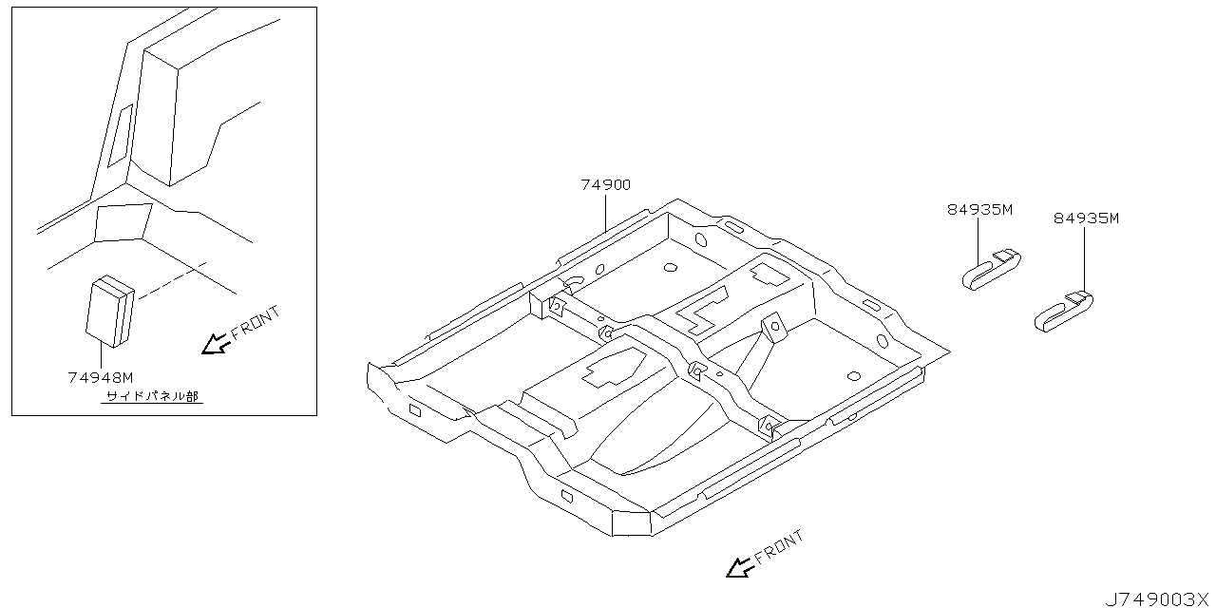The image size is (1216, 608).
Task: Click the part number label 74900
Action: pos(605,185)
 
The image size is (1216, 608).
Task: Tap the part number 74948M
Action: pos(101,377)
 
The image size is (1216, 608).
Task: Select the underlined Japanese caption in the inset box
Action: pos(153,397)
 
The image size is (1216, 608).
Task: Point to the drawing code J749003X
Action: pos(1157,598)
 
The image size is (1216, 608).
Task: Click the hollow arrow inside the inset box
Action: pos(216,342)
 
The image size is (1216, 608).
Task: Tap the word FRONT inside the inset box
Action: pos(256,322)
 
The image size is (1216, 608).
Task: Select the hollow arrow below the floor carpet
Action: pos(739,567)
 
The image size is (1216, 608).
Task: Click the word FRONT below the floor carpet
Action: pos(779,548)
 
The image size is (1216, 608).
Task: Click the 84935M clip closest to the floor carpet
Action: pos(991,270)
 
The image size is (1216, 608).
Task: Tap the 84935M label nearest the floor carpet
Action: pos(979,210)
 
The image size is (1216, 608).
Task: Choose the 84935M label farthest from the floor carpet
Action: pos(1086,218)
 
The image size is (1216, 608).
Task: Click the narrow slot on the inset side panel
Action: pos(121,136)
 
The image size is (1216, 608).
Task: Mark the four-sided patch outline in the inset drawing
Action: pos(123,221)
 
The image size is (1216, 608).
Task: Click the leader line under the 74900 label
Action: pos(606,212)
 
